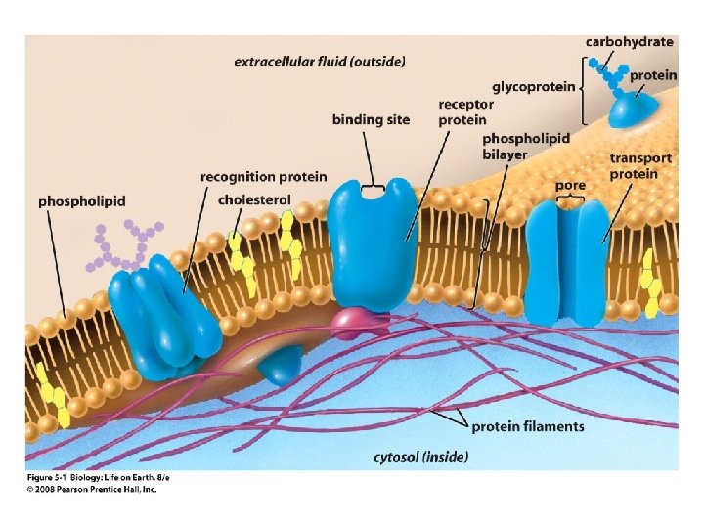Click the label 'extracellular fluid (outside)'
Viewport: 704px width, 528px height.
tap(319, 62)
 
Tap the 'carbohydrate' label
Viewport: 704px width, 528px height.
tap(629, 41)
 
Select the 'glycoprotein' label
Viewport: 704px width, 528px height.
tap(534, 86)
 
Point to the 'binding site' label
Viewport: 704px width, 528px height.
tap(371, 119)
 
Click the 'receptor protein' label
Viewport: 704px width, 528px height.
tap(465, 111)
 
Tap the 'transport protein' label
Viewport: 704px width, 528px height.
tap(640, 165)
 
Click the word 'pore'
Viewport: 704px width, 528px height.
tap(569, 184)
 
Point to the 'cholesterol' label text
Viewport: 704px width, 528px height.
tap(254, 199)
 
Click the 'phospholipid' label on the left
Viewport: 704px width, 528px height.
tap(82, 201)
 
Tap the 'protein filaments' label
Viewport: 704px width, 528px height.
tap(528, 426)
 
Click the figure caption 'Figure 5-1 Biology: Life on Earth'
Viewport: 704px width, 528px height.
tap(85, 476)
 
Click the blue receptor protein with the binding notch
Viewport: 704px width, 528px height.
tap(372, 235)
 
